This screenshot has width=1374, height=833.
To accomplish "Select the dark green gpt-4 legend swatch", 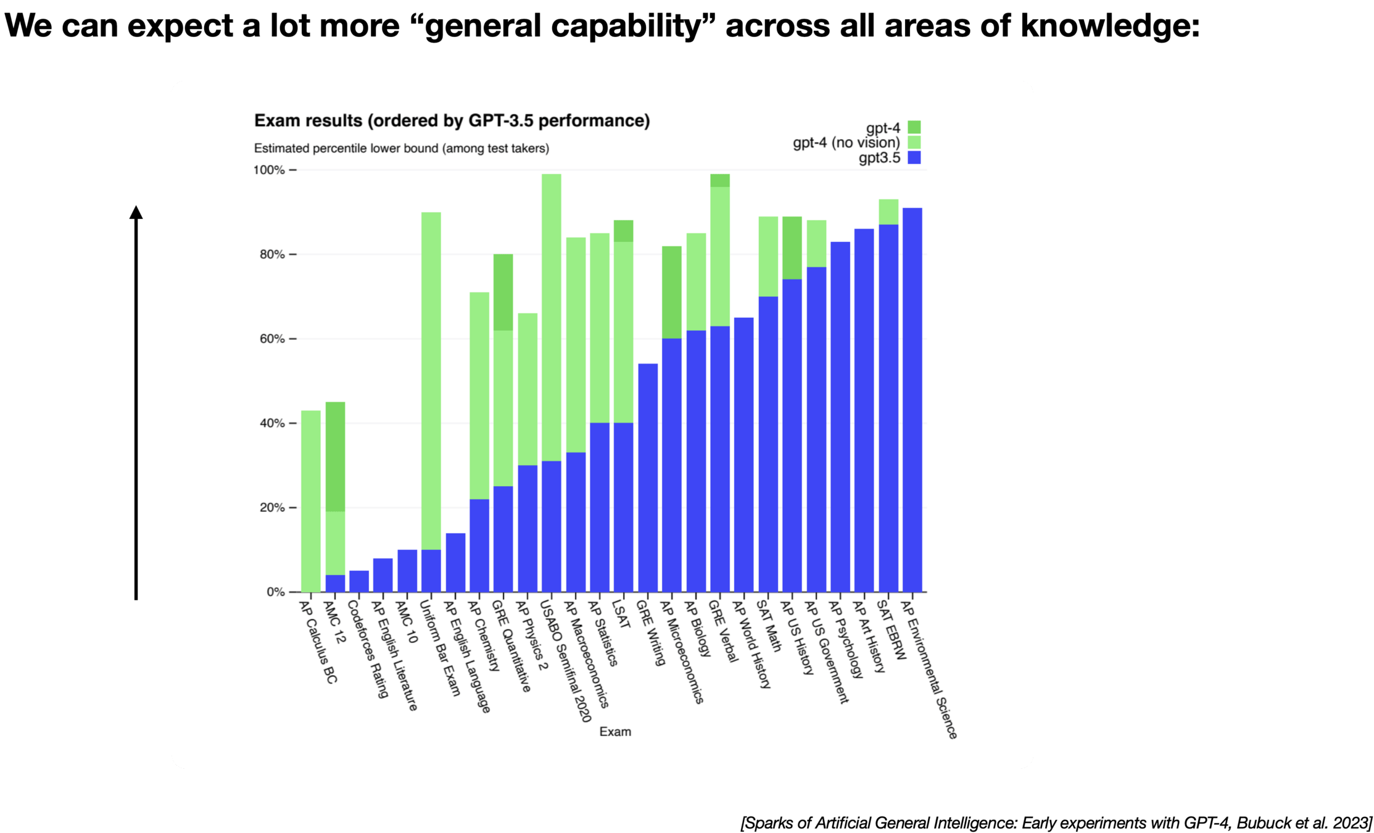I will pyautogui.click(x=914, y=128).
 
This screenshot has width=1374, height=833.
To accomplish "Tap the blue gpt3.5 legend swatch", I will pyautogui.click(x=914, y=158).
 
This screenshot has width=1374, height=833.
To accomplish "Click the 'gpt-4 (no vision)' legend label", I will pyautogui.click(x=846, y=143).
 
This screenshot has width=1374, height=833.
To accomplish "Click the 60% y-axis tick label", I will pyautogui.click(x=272, y=339).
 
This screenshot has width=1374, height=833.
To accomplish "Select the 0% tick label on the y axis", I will pyautogui.click(x=276, y=592).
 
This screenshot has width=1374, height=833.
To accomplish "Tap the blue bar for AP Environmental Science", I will pyautogui.click(x=912, y=401).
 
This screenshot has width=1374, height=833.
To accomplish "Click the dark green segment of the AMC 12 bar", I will pyautogui.click(x=335, y=457).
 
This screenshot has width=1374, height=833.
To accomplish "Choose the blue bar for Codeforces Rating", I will pyautogui.click(x=359, y=581).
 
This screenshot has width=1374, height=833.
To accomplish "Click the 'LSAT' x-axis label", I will pyautogui.click(x=621, y=615).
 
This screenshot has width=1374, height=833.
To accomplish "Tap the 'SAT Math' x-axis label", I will pyautogui.click(x=769, y=626).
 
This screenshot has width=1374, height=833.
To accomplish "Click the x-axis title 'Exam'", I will pyautogui.click(x=615, y=732).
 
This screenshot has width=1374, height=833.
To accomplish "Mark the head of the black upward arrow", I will pyautogui.click(x=136, y=213).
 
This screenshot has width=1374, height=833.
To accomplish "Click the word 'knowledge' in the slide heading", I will pyautogui.click(x=1109, y=26).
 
